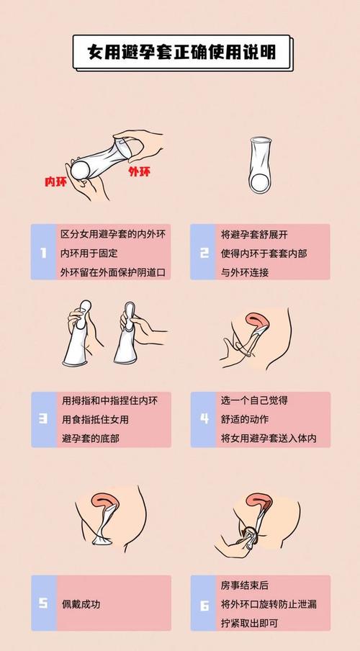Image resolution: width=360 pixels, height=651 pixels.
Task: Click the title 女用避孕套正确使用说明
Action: (x=181, y=53)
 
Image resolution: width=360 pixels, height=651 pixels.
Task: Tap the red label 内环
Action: (x=55, y=182)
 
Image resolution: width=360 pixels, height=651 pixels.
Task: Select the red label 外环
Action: (x=139, y=171)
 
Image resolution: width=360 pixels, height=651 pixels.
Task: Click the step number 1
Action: (x=44, y=253)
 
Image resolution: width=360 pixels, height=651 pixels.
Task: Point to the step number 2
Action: (x=204, y=253)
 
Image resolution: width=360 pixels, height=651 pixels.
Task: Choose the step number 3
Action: (x=43, y=418)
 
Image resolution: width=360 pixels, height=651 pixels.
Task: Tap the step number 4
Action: (x=204, y=418)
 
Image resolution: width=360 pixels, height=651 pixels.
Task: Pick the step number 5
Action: (x=43, y=603)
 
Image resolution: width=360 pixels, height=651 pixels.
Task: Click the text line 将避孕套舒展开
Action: (x=254, y=235)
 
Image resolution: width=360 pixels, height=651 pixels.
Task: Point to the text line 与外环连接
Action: (x=245, y=272)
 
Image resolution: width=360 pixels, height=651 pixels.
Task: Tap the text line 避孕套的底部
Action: (x=91, y=438)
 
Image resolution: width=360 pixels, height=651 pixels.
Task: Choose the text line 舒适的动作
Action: (x=245, y=419)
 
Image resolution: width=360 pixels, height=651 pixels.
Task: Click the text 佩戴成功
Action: (x=81, y=603)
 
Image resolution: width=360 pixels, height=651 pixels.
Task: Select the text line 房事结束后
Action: (x=245, y=585)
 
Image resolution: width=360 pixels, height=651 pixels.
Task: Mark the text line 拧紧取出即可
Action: (x=249, y=623)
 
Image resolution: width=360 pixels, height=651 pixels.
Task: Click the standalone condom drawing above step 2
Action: (x=261, y=165)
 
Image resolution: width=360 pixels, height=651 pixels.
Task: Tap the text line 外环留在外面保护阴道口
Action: (x=113, y=272)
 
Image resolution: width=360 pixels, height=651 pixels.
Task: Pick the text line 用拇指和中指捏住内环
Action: (x=110, y=400)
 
